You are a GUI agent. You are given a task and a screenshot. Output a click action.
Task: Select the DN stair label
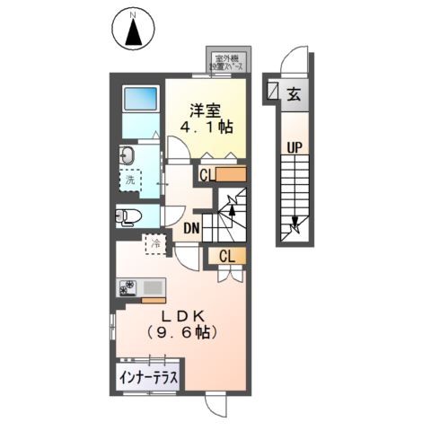(x=190, y=227)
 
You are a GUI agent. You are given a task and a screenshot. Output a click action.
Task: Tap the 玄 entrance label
(x=294, y=92)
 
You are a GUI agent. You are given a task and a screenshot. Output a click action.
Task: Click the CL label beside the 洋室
(x=207, y=175)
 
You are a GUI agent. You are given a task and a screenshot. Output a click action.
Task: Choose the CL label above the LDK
(x=228, y=257)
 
